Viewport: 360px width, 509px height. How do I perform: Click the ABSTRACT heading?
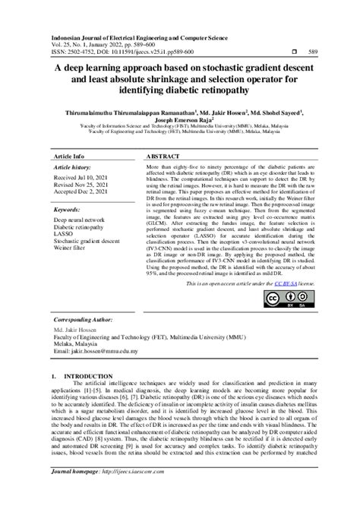click(x=163, y=155)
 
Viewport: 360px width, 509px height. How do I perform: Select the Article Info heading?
click(x=69, y=155)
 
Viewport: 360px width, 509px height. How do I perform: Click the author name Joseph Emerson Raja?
click(x=184, y=119)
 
